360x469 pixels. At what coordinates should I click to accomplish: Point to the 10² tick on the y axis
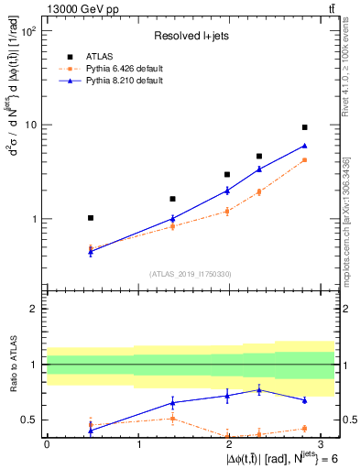tap(28, 31)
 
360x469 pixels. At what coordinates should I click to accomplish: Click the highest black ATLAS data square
tap(304, 127)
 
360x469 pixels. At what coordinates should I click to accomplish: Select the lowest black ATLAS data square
tap(90, 218)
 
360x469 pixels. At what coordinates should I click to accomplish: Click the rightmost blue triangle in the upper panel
tap(304, 146)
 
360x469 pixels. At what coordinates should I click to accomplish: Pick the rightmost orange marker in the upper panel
tap(304, 160)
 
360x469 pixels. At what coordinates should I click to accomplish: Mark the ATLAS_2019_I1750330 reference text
tap(190, 273)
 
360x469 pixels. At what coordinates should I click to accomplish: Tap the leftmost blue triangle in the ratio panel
tap(90, 431)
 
